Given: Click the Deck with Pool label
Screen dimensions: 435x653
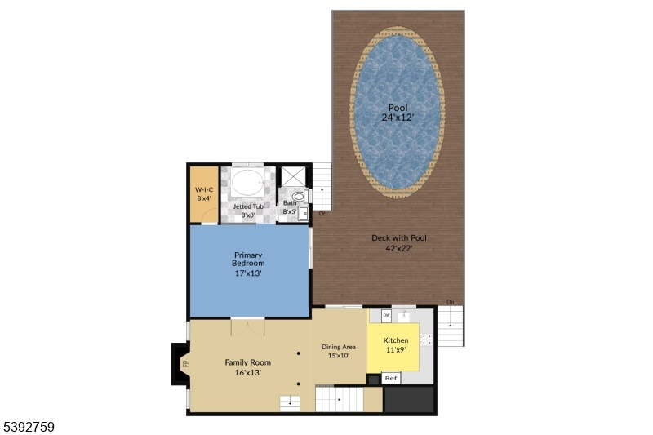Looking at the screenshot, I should (398, 243).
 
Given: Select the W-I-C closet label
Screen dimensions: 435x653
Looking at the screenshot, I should (203, 193).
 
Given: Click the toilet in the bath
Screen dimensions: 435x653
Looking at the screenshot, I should (298, 197).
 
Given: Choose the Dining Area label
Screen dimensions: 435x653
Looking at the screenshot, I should (339, 351).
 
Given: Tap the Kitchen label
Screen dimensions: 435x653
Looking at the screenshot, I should (397, 344).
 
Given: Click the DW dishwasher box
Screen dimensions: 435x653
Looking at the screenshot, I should (386, 316).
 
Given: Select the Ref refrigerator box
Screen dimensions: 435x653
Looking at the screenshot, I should (391, 378).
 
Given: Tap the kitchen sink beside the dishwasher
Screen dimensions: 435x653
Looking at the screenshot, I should (404, 315).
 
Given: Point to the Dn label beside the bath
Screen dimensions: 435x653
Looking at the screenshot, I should (322, 214).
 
